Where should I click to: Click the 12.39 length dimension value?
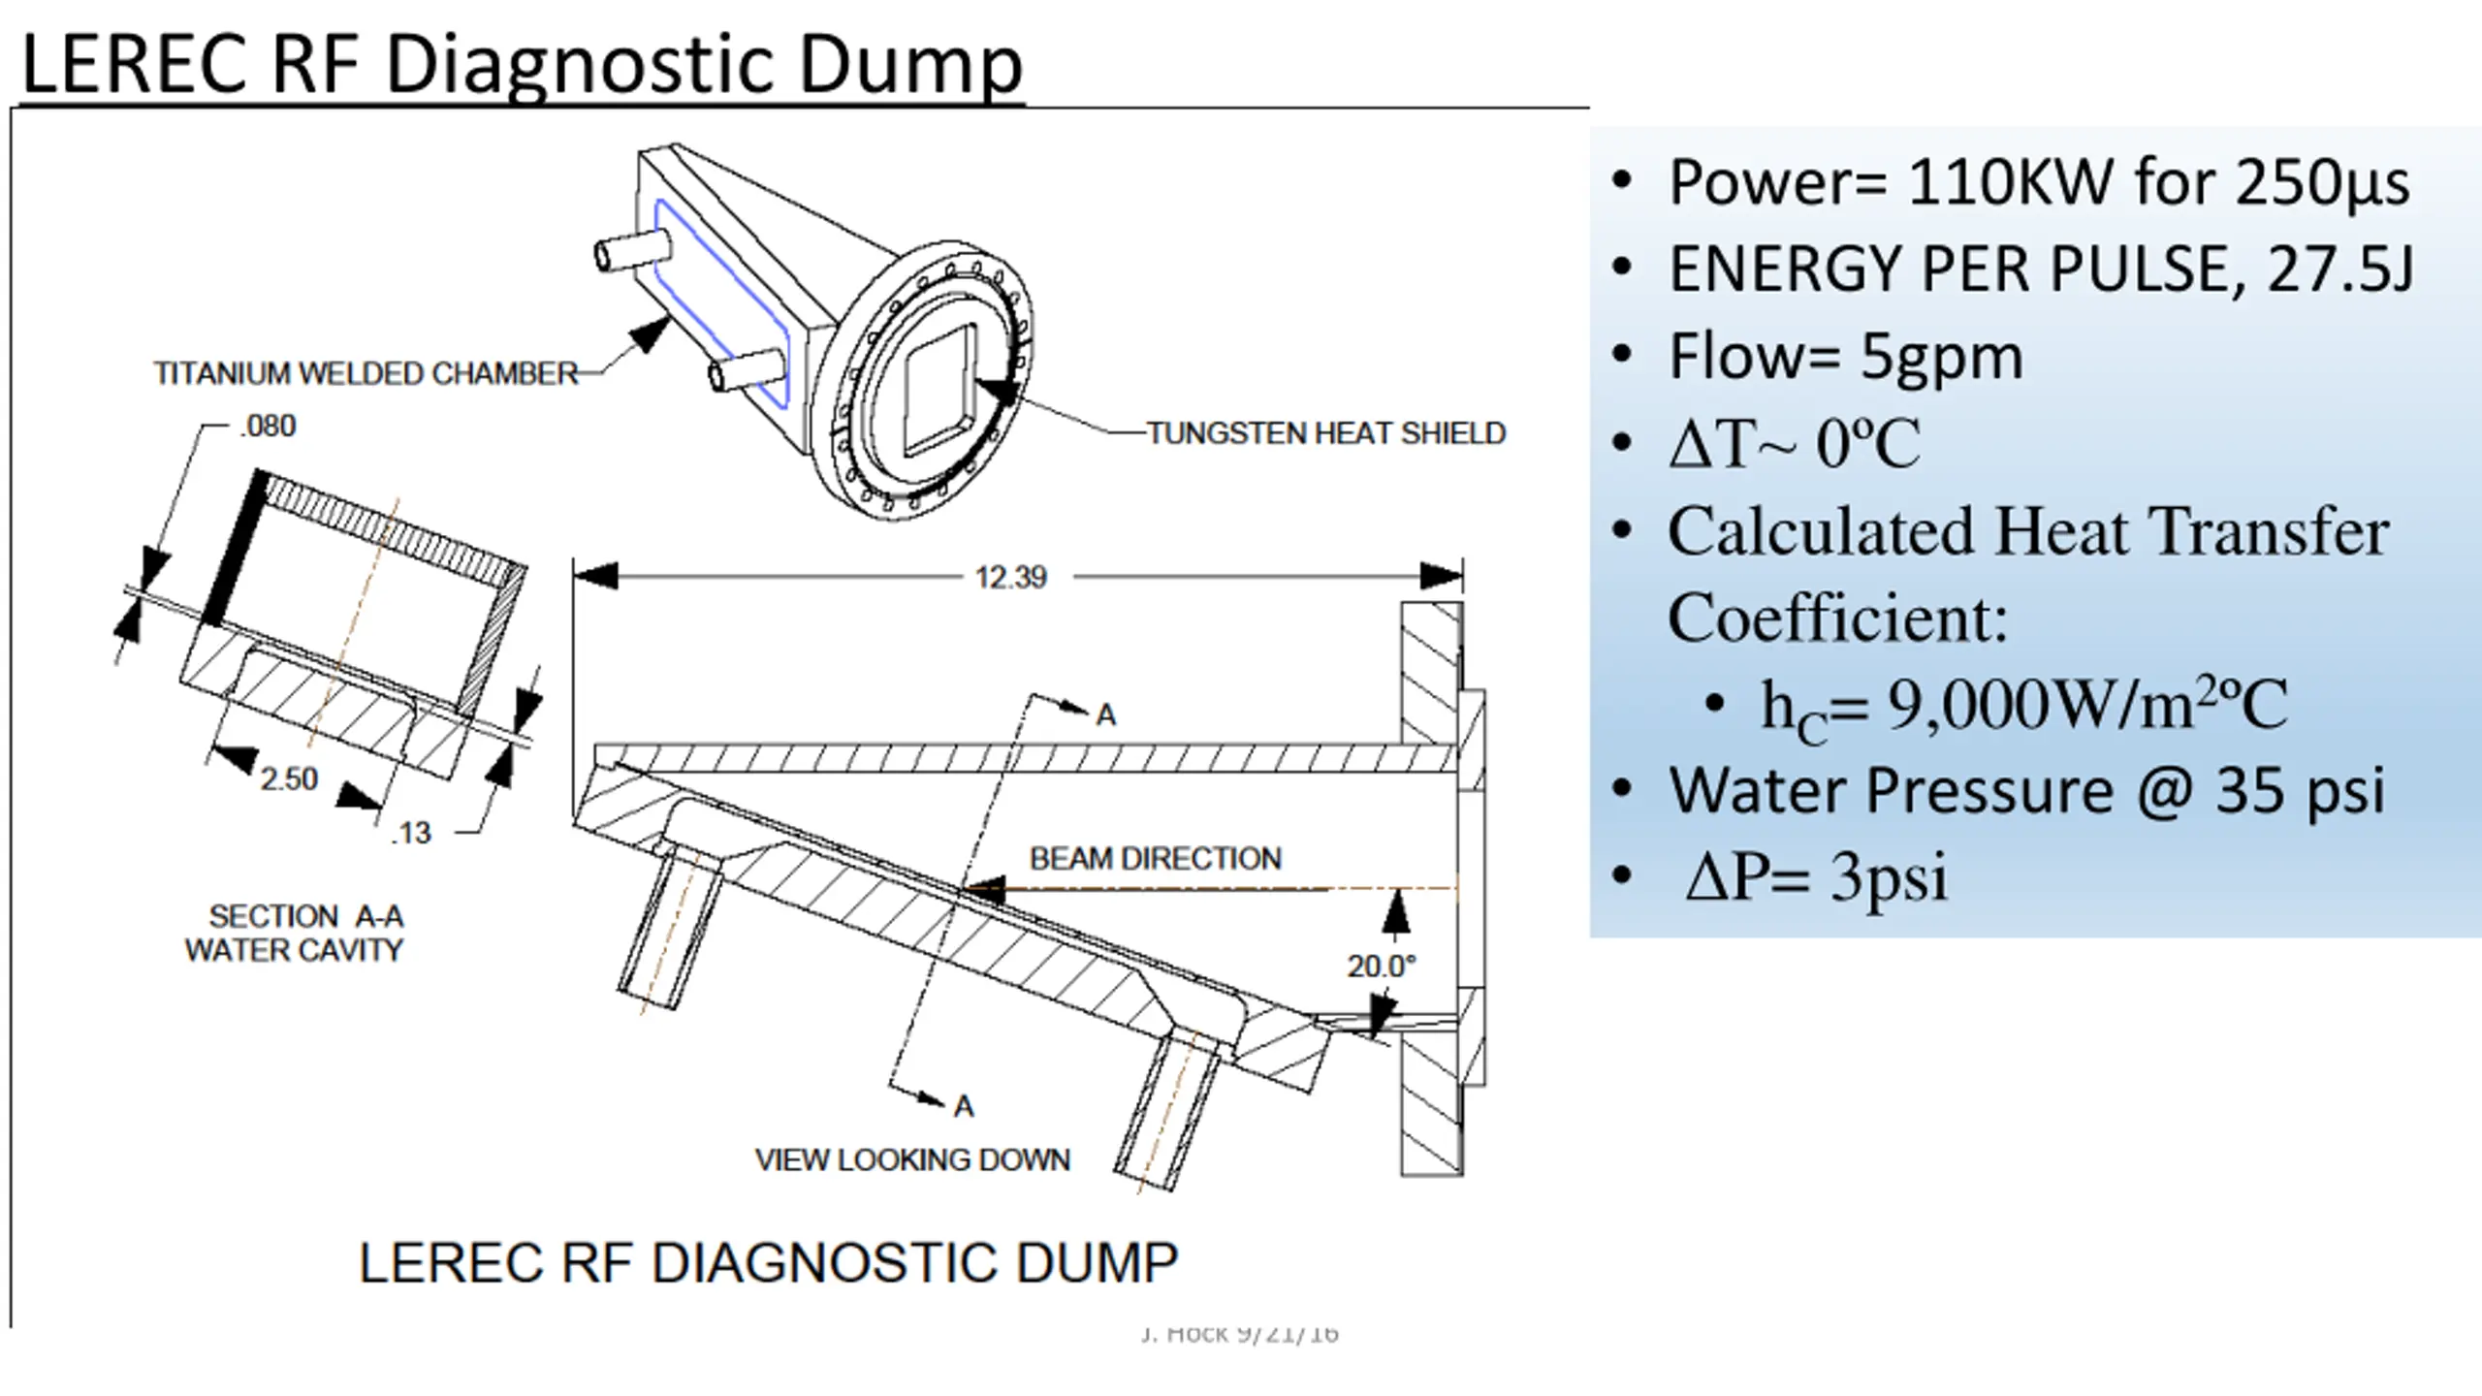point(1010,578)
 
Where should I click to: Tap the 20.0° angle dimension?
point(1381,966)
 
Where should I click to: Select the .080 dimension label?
point(268,426)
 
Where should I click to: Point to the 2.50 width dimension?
point(288,778)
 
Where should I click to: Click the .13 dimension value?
point(411,833)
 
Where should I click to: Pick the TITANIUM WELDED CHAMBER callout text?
point(366,373)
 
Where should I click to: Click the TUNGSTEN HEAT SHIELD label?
point(1325,432)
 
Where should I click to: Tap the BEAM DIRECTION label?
point(1155,858)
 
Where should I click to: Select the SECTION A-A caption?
point(305,916)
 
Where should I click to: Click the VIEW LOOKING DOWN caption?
point(912,1159)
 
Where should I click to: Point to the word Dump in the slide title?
point(910,64)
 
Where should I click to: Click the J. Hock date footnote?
point(1240,1334)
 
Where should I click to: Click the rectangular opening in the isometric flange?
point(939,391)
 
